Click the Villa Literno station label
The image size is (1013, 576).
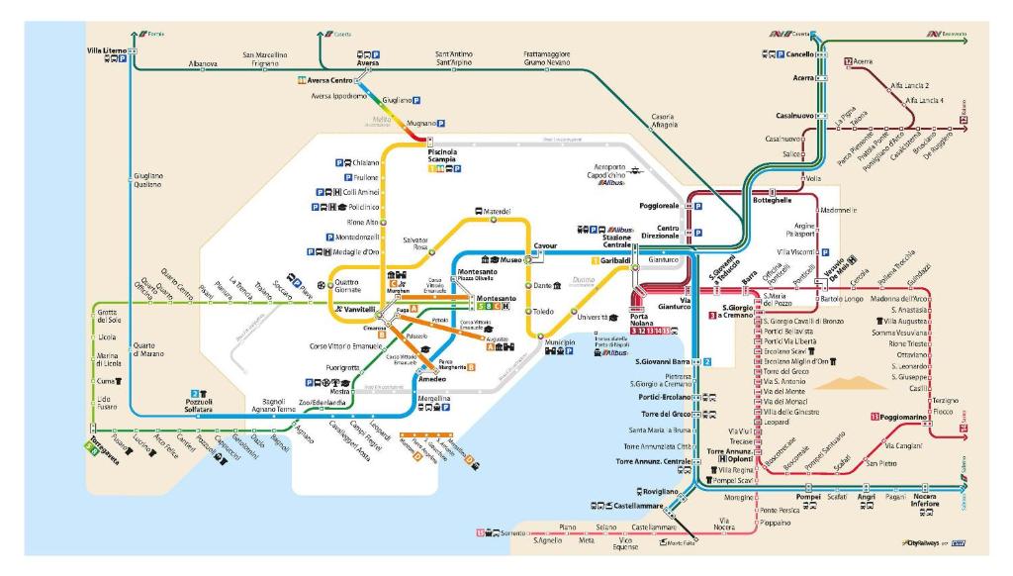click(x=108, y=48)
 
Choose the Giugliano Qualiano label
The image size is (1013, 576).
click(x=148, y=180)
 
